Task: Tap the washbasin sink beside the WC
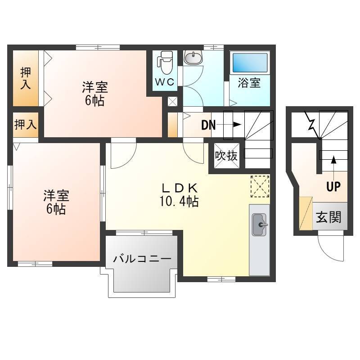point(193,58)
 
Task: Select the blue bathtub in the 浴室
point(250,63)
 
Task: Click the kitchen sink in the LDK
point(260,225)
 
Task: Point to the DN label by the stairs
point(208,126)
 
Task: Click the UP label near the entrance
point(333,186)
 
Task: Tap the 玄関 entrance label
point(328,217)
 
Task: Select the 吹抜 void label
point(226,156)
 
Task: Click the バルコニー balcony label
point(142,259)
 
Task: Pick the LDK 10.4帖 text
point(179,195)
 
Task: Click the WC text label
point(165,82)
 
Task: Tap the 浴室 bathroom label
point(249,83)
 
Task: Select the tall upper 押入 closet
point(26,78)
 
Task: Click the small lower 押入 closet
point(26,125)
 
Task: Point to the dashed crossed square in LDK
point(260,186)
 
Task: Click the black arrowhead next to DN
point(238,125)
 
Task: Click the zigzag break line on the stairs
point(312,125)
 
